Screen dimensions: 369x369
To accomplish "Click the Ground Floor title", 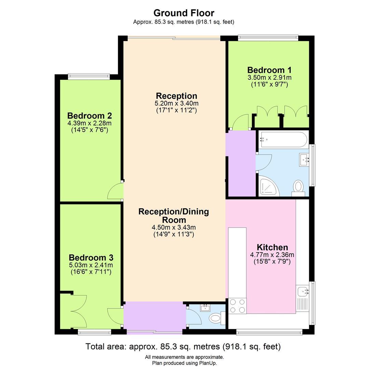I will pos(184,13).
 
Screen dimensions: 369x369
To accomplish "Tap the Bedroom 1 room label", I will pos(269,70).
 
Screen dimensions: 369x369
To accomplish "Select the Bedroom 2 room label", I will pos(90,115).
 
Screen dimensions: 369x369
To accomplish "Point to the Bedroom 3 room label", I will pos(91,257).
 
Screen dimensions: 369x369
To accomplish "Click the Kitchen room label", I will pos(272,247).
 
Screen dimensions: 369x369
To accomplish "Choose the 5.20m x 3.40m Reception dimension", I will pos(177,103).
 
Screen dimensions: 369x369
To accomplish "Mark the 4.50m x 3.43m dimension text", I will pos(174,227).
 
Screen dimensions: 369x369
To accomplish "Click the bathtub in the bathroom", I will pos(283,139).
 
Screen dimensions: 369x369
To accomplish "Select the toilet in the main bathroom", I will pos(298,188).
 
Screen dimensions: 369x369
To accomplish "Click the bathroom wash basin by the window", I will pos(304,159).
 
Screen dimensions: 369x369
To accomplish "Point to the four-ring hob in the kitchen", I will pos(237,306).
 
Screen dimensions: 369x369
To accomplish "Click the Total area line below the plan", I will pos(183,346).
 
